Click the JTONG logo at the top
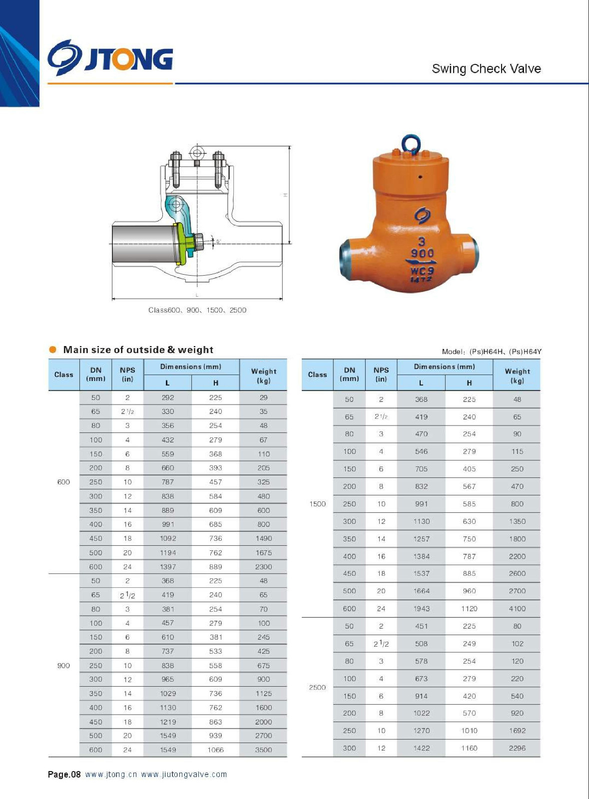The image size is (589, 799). (x=110, y=58)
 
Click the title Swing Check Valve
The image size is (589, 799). (x=486, y=69)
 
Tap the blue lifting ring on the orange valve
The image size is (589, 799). (x=411, y=144)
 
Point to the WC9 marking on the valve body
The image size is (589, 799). (x=422, y=271)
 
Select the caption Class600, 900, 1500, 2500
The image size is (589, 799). (x=197, y=310)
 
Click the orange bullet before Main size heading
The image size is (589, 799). (x=53, y=350)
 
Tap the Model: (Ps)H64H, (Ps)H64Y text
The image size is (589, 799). (x=492, y=352)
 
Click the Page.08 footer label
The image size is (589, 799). (x=64, y=775)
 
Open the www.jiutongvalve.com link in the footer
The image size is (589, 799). (x=184, y=775)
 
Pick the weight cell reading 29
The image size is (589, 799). (x=263, y=398)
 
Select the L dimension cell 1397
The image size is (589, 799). (x=168, y=567)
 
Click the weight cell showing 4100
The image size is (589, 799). (x=517, y=609)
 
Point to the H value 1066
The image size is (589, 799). (x=216, y=750)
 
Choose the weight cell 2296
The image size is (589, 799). (x=517, y=748)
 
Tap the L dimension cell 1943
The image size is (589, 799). (x=421, y=609)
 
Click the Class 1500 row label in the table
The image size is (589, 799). (x=318, y=504)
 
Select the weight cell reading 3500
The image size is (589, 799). (x=263, y=750)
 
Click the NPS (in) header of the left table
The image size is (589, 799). (x=127, y=375)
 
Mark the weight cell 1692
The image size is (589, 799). (x=517, y=731)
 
